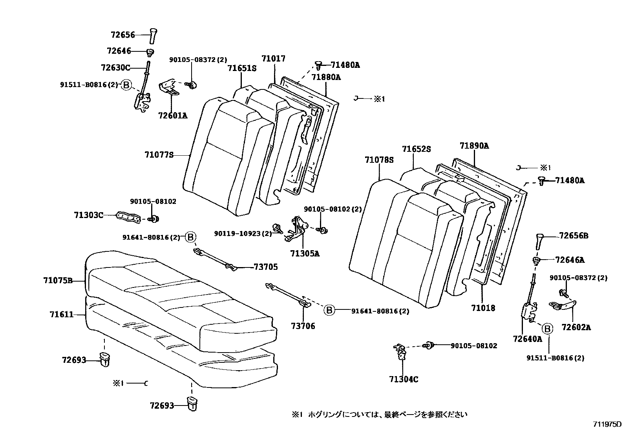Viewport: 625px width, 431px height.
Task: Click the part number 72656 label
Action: (122, 35)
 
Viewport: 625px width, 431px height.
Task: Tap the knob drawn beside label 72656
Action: (152, 36)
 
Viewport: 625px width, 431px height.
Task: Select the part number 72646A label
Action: (570, 260)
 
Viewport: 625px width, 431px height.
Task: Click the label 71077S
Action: (159, 155)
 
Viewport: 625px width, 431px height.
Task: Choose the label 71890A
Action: (474, 146)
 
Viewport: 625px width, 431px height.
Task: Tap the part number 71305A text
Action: (305, 253)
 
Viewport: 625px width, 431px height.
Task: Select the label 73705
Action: (266, 267)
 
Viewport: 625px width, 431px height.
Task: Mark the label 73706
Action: (303, 326)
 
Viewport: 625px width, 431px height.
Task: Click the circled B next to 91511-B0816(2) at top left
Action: (126, 85)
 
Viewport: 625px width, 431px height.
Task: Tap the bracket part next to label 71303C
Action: (128, 216)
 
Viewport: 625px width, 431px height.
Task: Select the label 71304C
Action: (404, 379)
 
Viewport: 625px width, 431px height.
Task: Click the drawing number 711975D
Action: (607, 424)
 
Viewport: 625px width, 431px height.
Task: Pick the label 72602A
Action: (576, 327)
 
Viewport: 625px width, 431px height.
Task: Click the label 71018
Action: (483, 308)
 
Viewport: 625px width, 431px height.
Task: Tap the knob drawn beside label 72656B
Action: (539, 242)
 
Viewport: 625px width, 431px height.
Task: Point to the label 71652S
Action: (416, 149)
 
